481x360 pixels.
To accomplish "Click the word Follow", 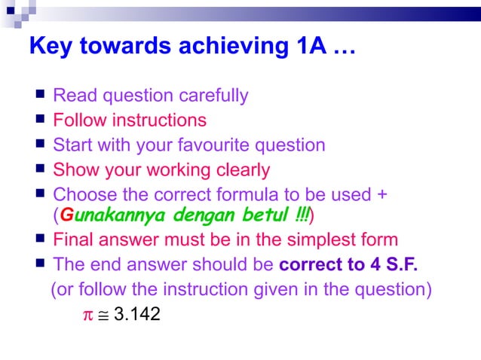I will pos(78,120).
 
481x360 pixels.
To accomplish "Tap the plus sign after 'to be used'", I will pos(382,194).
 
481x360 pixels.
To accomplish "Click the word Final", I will pos(74,240).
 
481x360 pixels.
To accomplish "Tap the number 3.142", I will pos(136,313).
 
